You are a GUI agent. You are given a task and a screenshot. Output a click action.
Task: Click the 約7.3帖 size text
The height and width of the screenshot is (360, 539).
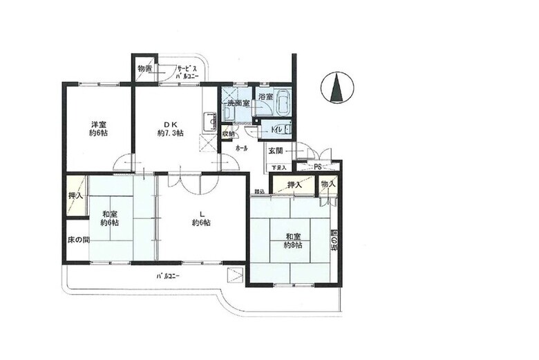click(171, 133)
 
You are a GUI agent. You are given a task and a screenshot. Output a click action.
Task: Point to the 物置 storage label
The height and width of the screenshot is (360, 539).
click(144, 69)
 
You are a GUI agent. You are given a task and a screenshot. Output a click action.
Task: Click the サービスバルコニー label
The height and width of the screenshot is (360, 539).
click(187, 72)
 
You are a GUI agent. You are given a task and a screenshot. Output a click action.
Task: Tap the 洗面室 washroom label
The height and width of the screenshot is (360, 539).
click(238, 103)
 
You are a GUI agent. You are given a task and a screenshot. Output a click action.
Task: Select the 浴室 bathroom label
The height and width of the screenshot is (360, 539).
click(265, 97)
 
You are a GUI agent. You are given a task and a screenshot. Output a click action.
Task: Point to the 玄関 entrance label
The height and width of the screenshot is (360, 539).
click(276, 151)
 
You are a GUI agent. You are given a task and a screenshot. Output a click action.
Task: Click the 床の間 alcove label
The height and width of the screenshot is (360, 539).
click(77, 240)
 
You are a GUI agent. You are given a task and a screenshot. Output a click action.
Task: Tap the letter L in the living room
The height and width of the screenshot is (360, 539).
click(201, 212)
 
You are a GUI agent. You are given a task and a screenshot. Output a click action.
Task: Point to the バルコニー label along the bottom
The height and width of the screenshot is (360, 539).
click(168, 276)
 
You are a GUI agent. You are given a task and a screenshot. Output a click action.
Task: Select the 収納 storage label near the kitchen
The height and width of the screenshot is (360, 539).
click(228, 134)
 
